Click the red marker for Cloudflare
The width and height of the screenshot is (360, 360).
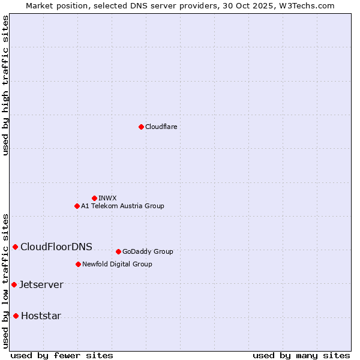click(141, 127)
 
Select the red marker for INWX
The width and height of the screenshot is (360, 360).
click(94, 198)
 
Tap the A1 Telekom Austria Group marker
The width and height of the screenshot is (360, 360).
click(77, 206)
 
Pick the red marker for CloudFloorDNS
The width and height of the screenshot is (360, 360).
click(15, 247)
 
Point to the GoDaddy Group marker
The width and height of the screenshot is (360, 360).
click(118, 251)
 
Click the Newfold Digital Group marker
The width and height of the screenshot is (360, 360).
click(78, 264)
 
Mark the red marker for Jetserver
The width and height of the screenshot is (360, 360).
click(14, 284)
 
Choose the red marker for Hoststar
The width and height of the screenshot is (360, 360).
click(16, 316)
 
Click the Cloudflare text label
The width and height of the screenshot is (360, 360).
click(161, 127)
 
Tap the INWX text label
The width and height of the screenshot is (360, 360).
click(107, 198)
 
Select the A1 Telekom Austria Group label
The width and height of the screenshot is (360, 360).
click(122, 206)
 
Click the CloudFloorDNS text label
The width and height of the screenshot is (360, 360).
click(56, 247)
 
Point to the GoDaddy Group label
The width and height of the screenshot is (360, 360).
click(148, 251)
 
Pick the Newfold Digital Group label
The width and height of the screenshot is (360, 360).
click(117, 264)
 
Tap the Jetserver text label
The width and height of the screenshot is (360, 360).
click(41, 284)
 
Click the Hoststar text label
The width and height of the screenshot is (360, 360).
click(41, 316)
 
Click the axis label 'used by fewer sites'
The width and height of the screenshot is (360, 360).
click(62, 355)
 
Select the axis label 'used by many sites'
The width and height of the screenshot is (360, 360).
click(301, 355)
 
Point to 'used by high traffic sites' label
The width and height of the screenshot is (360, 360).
click(6, 86)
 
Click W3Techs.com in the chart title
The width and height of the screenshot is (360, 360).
click(305, 5)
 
